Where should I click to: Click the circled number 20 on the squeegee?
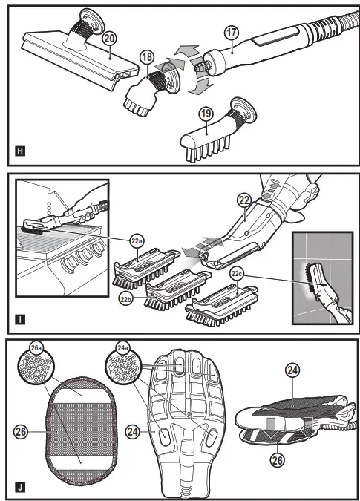click(109, 39)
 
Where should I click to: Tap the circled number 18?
click(147, 57)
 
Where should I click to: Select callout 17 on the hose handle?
click(232, 33)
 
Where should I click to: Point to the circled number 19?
click(206, 114)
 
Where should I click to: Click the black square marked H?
click(20, 151)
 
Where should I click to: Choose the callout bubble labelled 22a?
click(137, 241)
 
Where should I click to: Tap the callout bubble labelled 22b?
click(125, 299)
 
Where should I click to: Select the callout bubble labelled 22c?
click(237, 273)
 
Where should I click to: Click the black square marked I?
click(20, 319)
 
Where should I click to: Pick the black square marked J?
click(20, 488)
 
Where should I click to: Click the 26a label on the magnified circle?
click(36, 347)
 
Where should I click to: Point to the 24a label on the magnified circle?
click(123, 347)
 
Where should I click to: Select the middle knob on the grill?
click(85, 255)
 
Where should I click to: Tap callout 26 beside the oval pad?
click(21, 432)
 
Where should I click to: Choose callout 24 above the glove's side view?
click(292, 370)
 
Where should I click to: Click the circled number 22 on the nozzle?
click(244, 200)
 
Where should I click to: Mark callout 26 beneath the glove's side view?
click(277, 460)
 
